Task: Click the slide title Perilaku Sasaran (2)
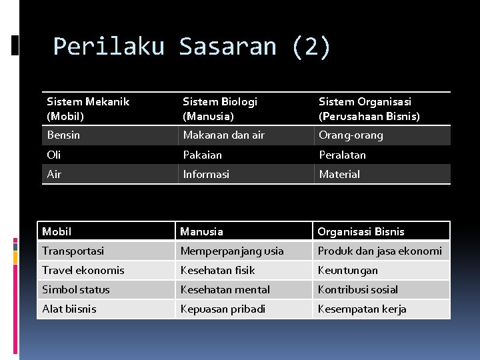pyautogui.click(x=191, y=47)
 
